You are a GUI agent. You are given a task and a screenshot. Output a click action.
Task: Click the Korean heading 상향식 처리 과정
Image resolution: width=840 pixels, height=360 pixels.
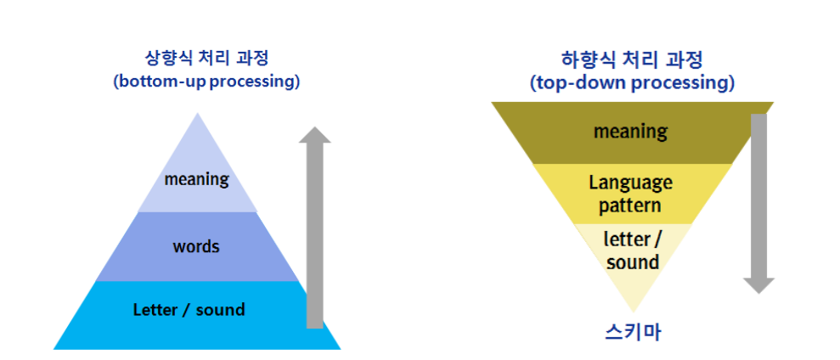click(x=207, y=61)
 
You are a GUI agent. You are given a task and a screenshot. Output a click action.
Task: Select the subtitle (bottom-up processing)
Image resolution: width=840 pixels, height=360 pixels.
click(x=206, y=82)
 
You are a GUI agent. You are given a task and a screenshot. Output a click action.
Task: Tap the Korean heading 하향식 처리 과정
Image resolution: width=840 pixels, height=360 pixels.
click(x=632, y=61)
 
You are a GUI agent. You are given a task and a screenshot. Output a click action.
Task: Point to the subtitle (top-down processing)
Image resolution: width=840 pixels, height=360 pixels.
click(x=632, y=83)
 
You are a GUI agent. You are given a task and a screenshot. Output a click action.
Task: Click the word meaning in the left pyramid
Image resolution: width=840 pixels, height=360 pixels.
click(x=197, y=179)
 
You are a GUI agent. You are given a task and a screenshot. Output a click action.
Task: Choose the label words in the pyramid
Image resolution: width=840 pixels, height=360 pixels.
click(x=196, y=247)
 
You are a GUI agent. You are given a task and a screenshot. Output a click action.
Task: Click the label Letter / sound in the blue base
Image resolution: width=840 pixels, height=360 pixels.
click(x=189, y=309)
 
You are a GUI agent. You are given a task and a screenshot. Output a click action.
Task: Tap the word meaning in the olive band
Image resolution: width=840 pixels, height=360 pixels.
click(x=630, y=132)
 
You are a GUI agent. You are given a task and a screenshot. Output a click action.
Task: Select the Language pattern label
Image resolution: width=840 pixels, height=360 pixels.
click(x=630, y=194)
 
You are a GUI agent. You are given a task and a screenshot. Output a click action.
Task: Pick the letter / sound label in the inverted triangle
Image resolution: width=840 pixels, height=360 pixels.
click(x=632, y=250)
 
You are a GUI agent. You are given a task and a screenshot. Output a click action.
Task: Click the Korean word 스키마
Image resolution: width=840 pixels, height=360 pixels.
click(x=632, y=332)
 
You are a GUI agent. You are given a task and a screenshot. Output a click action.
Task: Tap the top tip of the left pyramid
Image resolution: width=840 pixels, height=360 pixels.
click(x=198, y=115)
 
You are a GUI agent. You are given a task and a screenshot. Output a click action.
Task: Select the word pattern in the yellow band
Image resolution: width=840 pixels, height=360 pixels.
click(x=630, y=205)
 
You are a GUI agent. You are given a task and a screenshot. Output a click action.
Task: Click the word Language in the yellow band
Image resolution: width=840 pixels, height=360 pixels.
click(x=630, y=183)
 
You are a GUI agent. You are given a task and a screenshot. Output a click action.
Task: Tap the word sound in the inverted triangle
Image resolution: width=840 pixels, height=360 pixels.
click(x=633, y=262)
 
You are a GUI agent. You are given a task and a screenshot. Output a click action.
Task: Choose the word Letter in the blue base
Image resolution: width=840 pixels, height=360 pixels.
click(x=154, y=309)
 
